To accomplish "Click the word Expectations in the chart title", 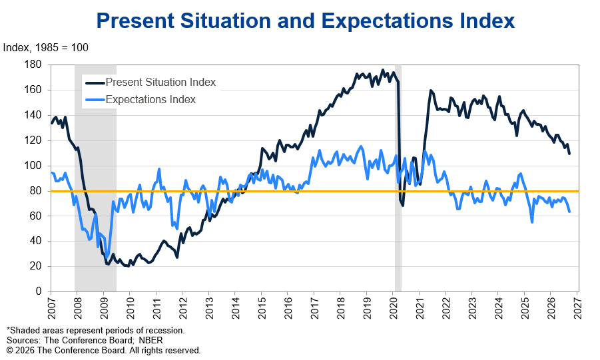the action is coord(387,21).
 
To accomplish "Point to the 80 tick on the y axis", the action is coord(35,190).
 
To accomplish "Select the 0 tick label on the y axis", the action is coord(39,291).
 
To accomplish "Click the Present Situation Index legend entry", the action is coord(150,83).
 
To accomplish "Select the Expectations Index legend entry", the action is coord(140,99).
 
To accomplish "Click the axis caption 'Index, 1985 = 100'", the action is coord(45,47).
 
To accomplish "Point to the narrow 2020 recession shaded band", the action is coord(398,178).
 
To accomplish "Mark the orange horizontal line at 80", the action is coord(315,191).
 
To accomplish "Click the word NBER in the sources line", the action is coord(150,341).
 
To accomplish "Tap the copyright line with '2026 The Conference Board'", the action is coord(104,351).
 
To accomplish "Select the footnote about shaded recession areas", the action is coord(96,331).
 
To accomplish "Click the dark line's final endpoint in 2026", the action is coord(569,154).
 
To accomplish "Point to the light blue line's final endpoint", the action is coord(569,211).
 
